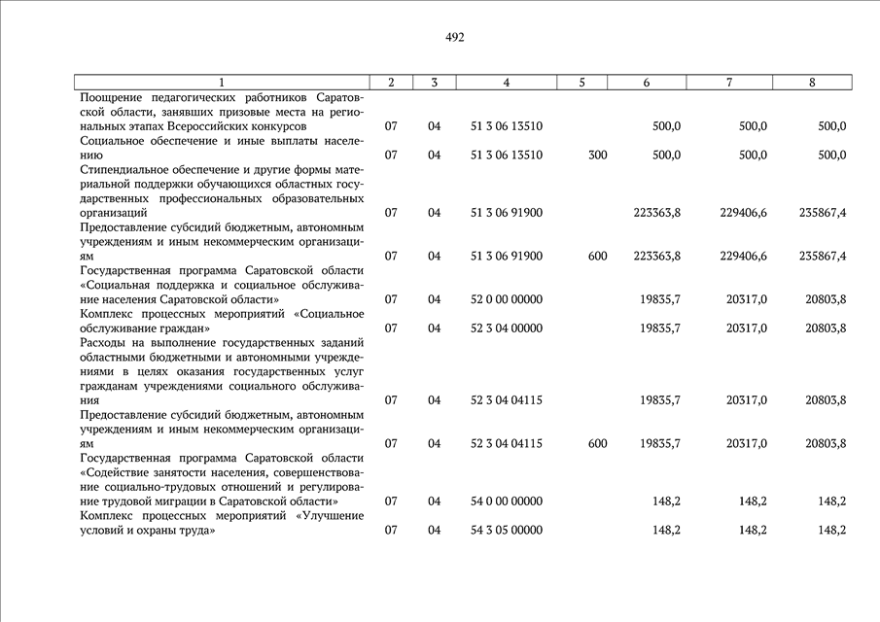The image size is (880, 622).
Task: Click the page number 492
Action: (x=454, y=38)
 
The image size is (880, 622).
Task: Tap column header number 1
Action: (x=222, y=83)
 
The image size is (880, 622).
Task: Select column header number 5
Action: (x=581, y=83)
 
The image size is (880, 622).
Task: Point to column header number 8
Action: (x=812, y=83)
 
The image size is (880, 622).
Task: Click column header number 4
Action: (x=506, y=83)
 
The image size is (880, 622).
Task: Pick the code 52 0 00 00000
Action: (x=506, y=299)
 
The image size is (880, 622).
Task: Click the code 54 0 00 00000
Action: (x=506, y=501)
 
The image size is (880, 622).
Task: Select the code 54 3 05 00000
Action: (x=506, y=531)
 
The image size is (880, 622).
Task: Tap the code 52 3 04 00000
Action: (x=506, y=328)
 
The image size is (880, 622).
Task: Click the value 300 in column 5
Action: (x=597, y=155)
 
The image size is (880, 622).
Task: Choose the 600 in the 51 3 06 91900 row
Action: (x=597, y=257)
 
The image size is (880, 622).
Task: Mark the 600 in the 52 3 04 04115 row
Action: (x=597, y=444)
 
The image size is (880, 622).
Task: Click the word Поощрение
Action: (x=113, y=98)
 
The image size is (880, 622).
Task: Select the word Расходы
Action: (x=103, y=343)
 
